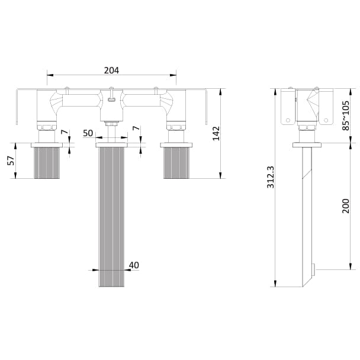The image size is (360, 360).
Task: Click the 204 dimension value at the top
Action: click(x=111, y=70)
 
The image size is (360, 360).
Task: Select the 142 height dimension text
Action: click(x=217, y=133)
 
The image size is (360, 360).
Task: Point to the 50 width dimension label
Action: click(x=88, y=133)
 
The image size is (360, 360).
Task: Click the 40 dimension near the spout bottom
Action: click(x=133, y=265)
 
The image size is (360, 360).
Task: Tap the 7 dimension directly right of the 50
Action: click(x=136, y=129)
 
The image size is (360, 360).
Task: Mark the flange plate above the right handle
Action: click(x=176, y=144)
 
